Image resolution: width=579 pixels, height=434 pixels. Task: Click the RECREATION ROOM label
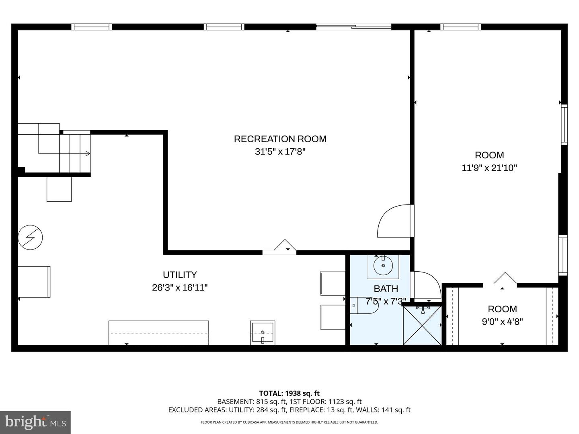click(x=280, y=139)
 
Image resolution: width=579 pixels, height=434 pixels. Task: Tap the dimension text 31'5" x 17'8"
click(x=280, y=152)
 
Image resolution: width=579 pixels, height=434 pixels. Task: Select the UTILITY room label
click(x=180, y=275)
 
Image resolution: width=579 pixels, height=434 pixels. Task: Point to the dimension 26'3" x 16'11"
click(x=180, y=288)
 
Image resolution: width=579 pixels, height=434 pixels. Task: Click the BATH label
click(x=386, y=289)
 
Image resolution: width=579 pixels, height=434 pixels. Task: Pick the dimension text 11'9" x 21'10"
click(x=489, y=168)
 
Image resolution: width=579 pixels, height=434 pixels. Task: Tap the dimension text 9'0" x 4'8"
click(x=502, y=321)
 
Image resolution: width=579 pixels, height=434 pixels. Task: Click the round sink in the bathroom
click(x=383, y=266)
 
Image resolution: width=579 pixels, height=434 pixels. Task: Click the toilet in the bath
click(x=364, y=305)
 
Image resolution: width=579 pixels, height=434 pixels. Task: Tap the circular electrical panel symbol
click(x=30, y=237)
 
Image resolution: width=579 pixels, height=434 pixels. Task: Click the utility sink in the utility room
click(x=263, y=333)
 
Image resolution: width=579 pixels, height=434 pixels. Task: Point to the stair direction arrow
click(x=87, y=153)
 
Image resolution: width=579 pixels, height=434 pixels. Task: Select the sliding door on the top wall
click(x=354, y=27)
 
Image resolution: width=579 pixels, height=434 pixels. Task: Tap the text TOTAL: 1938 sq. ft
click(x=289, y=393)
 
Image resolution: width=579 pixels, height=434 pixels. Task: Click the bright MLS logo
click(x=35, y=422)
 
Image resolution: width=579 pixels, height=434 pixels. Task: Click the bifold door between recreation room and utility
click(x=285, y=247)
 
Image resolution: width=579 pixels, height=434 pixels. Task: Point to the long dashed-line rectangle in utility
click(x=158, y=333)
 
